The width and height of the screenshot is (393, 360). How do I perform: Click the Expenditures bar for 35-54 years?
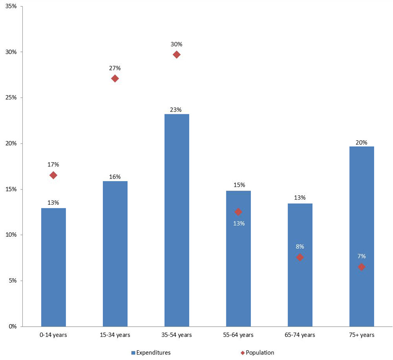tap(176, 220)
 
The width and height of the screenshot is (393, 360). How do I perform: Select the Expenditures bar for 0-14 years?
tap(53, 267)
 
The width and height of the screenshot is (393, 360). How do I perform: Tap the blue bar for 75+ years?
tap(362, 236)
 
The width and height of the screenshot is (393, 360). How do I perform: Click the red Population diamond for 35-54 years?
tap(176, 55)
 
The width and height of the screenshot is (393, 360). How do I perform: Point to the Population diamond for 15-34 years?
tap(115, 79)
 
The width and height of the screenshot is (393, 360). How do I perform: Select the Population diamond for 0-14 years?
tap(53, 175)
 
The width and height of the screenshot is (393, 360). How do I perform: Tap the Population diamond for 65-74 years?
tap(300, 257)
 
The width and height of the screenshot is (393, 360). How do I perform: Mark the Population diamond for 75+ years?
tap(362, 267)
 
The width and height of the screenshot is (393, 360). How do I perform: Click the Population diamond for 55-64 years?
tap(238, 212)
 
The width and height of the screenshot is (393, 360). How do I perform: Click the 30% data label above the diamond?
tap(176, 44)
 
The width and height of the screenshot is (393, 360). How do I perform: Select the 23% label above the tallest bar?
tap(176, 110)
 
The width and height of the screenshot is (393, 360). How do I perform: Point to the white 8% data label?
tap(300, 247)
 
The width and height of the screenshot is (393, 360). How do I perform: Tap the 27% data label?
tap(115, 68)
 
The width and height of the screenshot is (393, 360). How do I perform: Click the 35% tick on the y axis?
tap(11, 6)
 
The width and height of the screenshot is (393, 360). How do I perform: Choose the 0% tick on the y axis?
tap(12, 327)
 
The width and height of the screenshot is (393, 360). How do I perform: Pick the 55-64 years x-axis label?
tap(238, 335)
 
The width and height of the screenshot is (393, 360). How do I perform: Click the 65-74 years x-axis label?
tap(300, 335)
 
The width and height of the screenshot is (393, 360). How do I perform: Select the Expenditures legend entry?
tap(151, 353)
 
